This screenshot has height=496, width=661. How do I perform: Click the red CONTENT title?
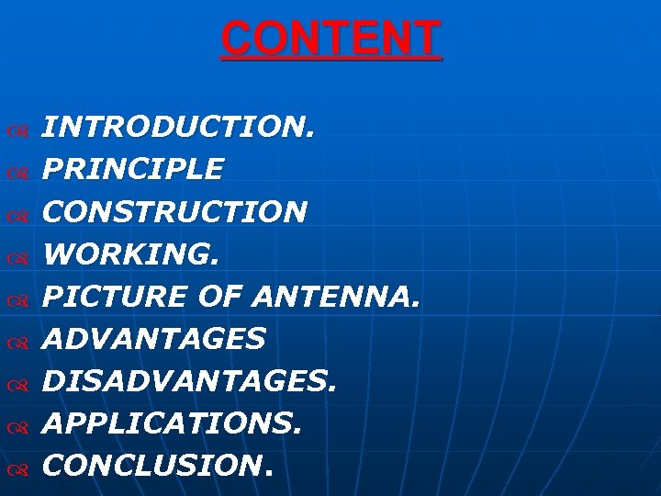[x=330, y=39]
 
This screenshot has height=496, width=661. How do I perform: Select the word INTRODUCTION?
[x=179, y=128]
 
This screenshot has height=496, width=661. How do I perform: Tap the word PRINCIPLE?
[x=133, y=170]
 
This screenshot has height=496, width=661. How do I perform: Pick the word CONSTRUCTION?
[x=174, y=212]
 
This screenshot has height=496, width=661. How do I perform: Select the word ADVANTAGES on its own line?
[x=154, y=339]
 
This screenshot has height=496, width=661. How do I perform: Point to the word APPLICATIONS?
[x=173, y=423]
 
